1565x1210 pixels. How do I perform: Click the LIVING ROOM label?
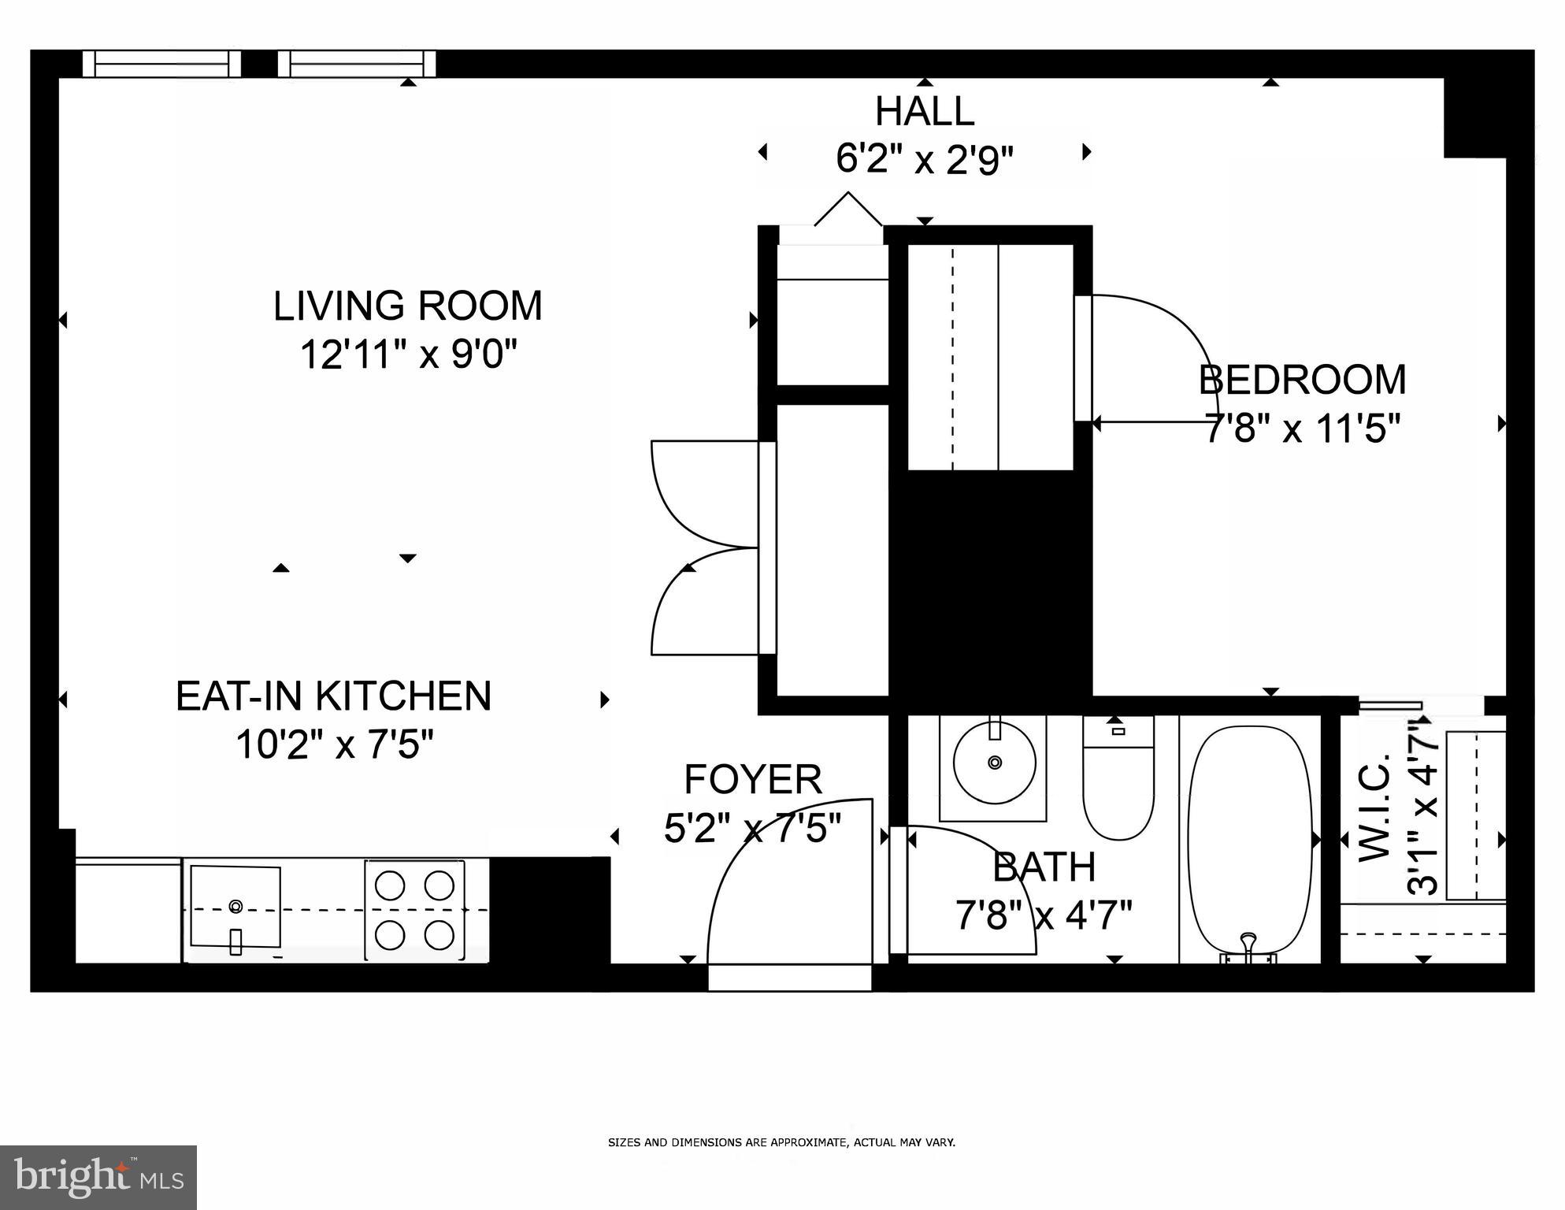point(407,306)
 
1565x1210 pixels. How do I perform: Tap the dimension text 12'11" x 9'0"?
point(407,354)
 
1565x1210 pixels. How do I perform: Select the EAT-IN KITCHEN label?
point(333,696)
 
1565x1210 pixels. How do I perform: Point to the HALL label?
point(924,111)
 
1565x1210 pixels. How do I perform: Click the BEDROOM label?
point(1302,380)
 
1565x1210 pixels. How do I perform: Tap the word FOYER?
point(753,780)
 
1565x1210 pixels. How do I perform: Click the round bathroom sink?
point(994,763)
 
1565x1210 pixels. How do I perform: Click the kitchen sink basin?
point(235,907)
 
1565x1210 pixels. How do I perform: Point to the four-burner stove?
point(414,910)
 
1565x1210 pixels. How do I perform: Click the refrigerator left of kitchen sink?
point(128,910)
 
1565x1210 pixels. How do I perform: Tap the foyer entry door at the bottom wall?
point(790,978)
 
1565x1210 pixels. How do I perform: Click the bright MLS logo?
point(98,1177)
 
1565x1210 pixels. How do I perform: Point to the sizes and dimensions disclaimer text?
point(781,1141)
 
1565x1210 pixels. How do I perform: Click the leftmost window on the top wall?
point(161,64)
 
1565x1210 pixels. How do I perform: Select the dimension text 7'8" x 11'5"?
point(1302,429)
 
